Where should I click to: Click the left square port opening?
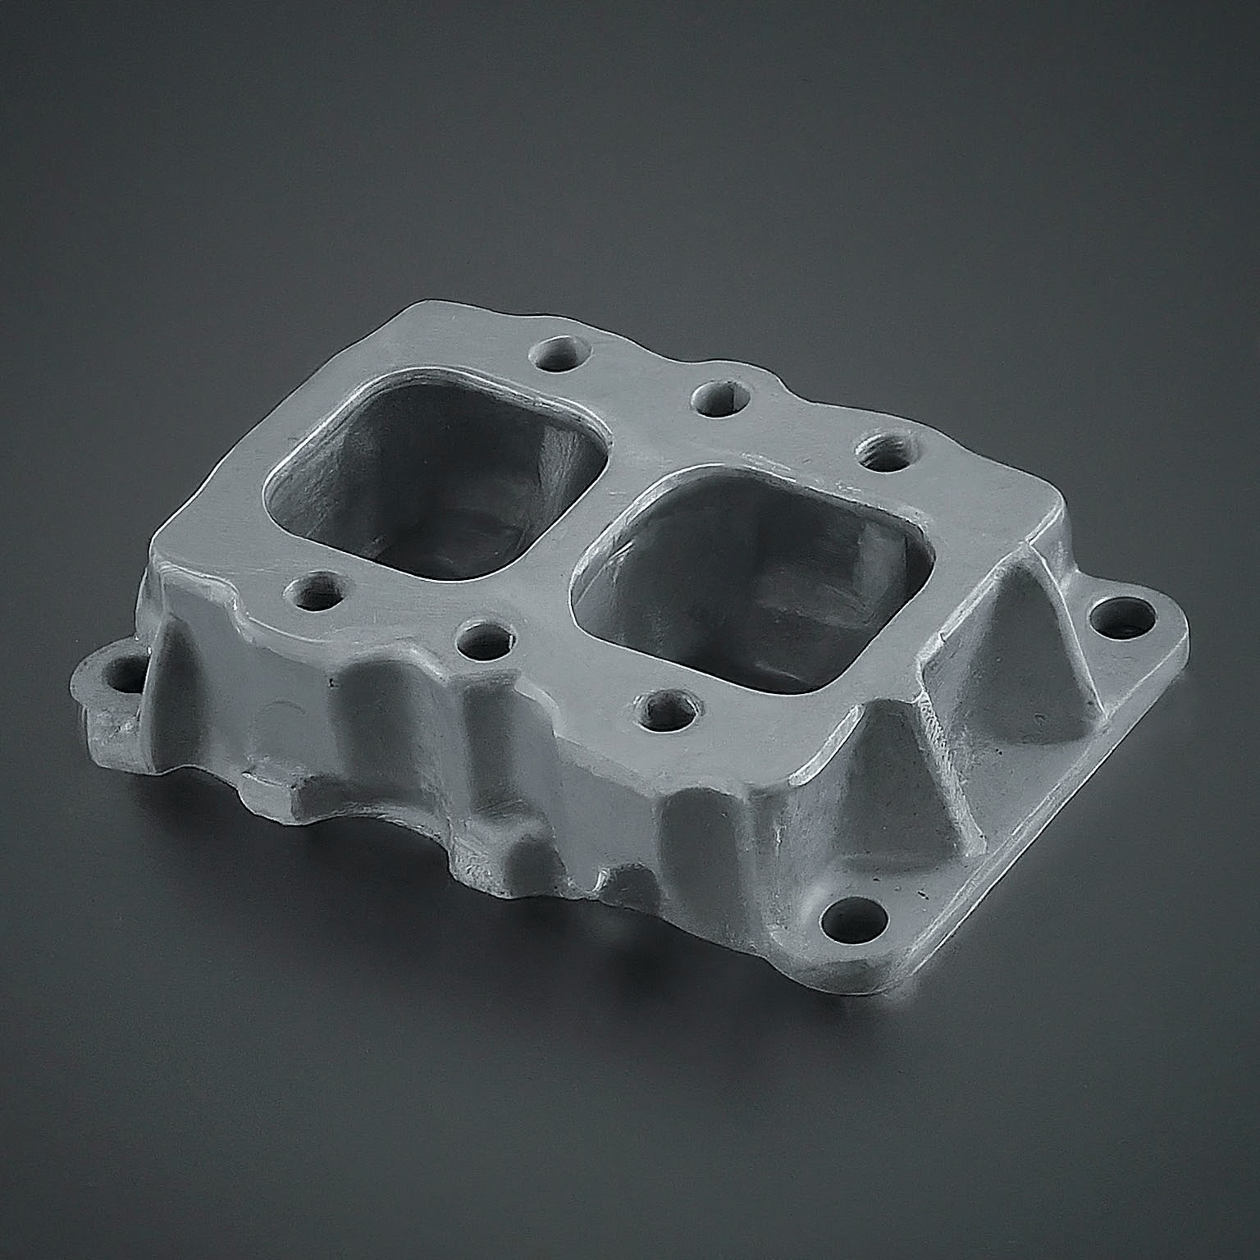tap(435, 484)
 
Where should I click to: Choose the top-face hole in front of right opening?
tap(669, 710)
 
